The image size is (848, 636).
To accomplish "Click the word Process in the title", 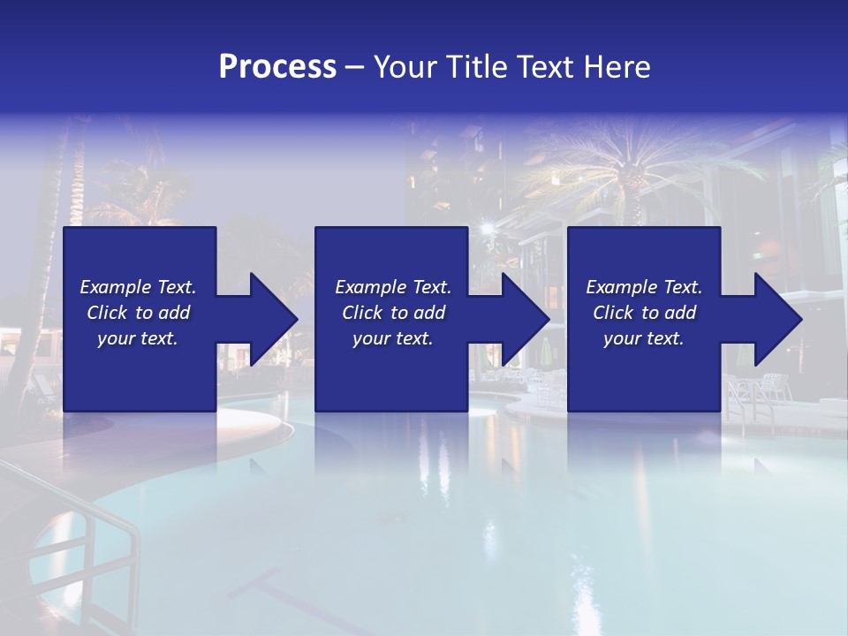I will pyautogui.click(x=277, y=67).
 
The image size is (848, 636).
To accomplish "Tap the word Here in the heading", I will pyautogui.click(x=617, y=67).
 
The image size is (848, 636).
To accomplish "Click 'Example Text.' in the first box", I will pyautogui.click(x=138, y=287).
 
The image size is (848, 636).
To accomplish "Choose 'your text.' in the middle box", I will pyautogui.click(x=392, y=338).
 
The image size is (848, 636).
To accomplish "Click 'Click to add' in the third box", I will pyautogui.click(x=644, y=313).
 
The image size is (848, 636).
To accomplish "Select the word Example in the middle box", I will pyautogui.click(x=369, y=287).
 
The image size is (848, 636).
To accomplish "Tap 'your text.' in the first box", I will pyautogui.click(x=138, y=338).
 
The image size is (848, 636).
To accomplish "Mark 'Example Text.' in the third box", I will pyautogui.click(x=644, y=287).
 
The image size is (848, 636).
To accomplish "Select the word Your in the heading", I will pyautogui.click(x=405, y=67).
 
